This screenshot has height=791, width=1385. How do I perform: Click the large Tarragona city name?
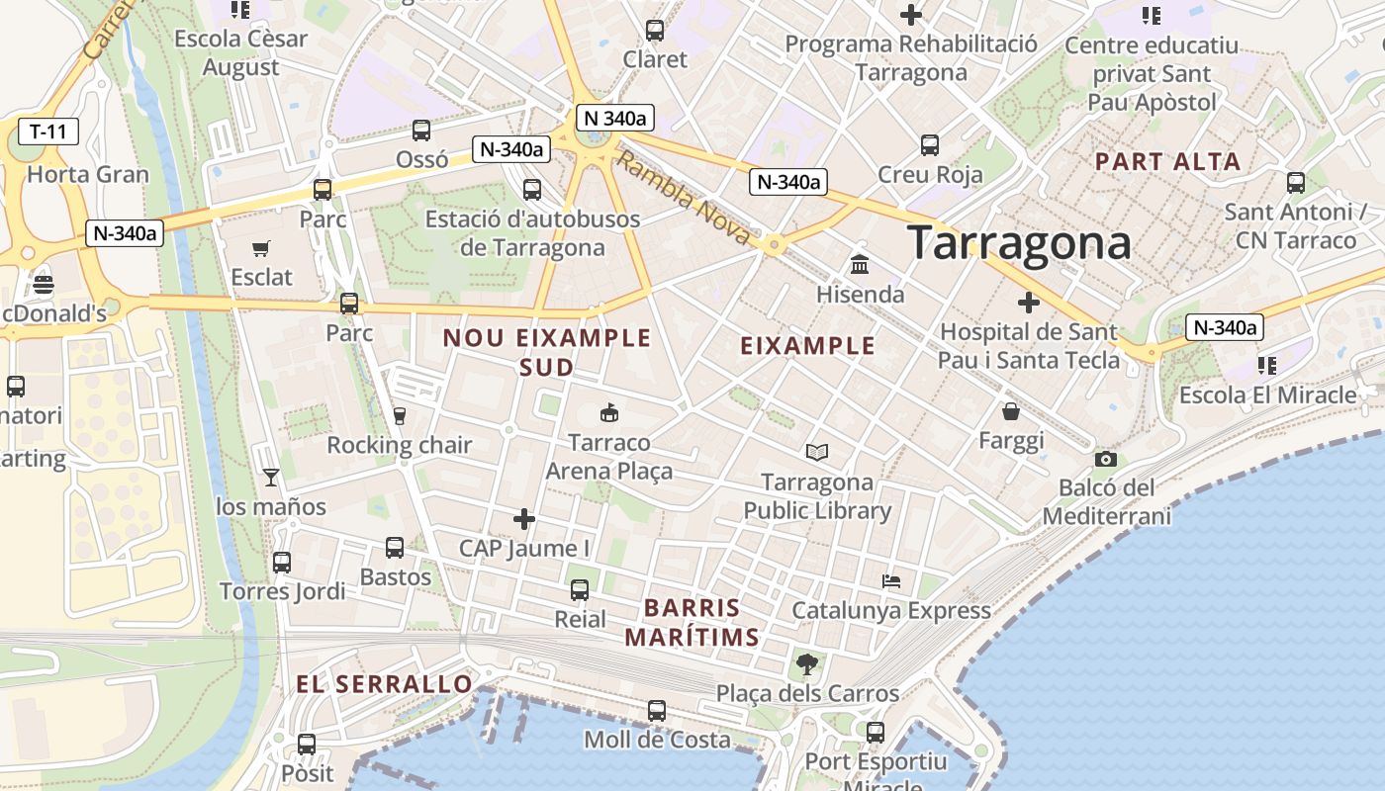click(x=1019, y=243)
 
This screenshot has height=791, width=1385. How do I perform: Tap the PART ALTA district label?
click(x=1167, y=161)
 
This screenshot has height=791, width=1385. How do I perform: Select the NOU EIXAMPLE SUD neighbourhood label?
click(x=547, y=352)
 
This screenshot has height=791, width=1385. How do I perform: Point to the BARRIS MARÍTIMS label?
click(x=692, y=622)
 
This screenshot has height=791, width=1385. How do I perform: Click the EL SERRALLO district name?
click(x=385, y=684)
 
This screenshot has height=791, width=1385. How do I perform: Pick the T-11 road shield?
click(x=48, y=131)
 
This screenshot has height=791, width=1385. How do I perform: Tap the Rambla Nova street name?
click(x=683, y=198)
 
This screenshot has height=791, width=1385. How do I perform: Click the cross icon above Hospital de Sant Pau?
click(x=1029, y=302)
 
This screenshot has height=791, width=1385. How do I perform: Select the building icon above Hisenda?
click(x=860, y=265)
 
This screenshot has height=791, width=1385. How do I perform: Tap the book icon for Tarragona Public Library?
click(x=816, y=452)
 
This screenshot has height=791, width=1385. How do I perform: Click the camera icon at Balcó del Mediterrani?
click(x=1106, y=459)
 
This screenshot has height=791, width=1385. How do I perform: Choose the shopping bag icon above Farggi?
click(x=1011, y=411)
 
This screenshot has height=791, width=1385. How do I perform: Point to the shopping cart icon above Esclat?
click(x=261, y=248)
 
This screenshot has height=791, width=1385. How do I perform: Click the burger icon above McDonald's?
click(x=44, y=286)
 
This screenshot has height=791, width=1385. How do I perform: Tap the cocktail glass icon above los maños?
click(x=271, y=478)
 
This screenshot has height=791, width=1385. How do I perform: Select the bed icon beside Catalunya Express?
click(x=891, y=581)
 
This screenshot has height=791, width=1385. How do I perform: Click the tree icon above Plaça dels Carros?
click(x=807, y=663)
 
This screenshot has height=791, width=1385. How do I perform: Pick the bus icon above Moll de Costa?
click(x=656, y=710)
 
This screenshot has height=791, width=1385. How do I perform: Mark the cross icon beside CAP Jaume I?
click(x=524, y=518)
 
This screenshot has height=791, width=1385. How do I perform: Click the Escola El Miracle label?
click(x=1267, y=395)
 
